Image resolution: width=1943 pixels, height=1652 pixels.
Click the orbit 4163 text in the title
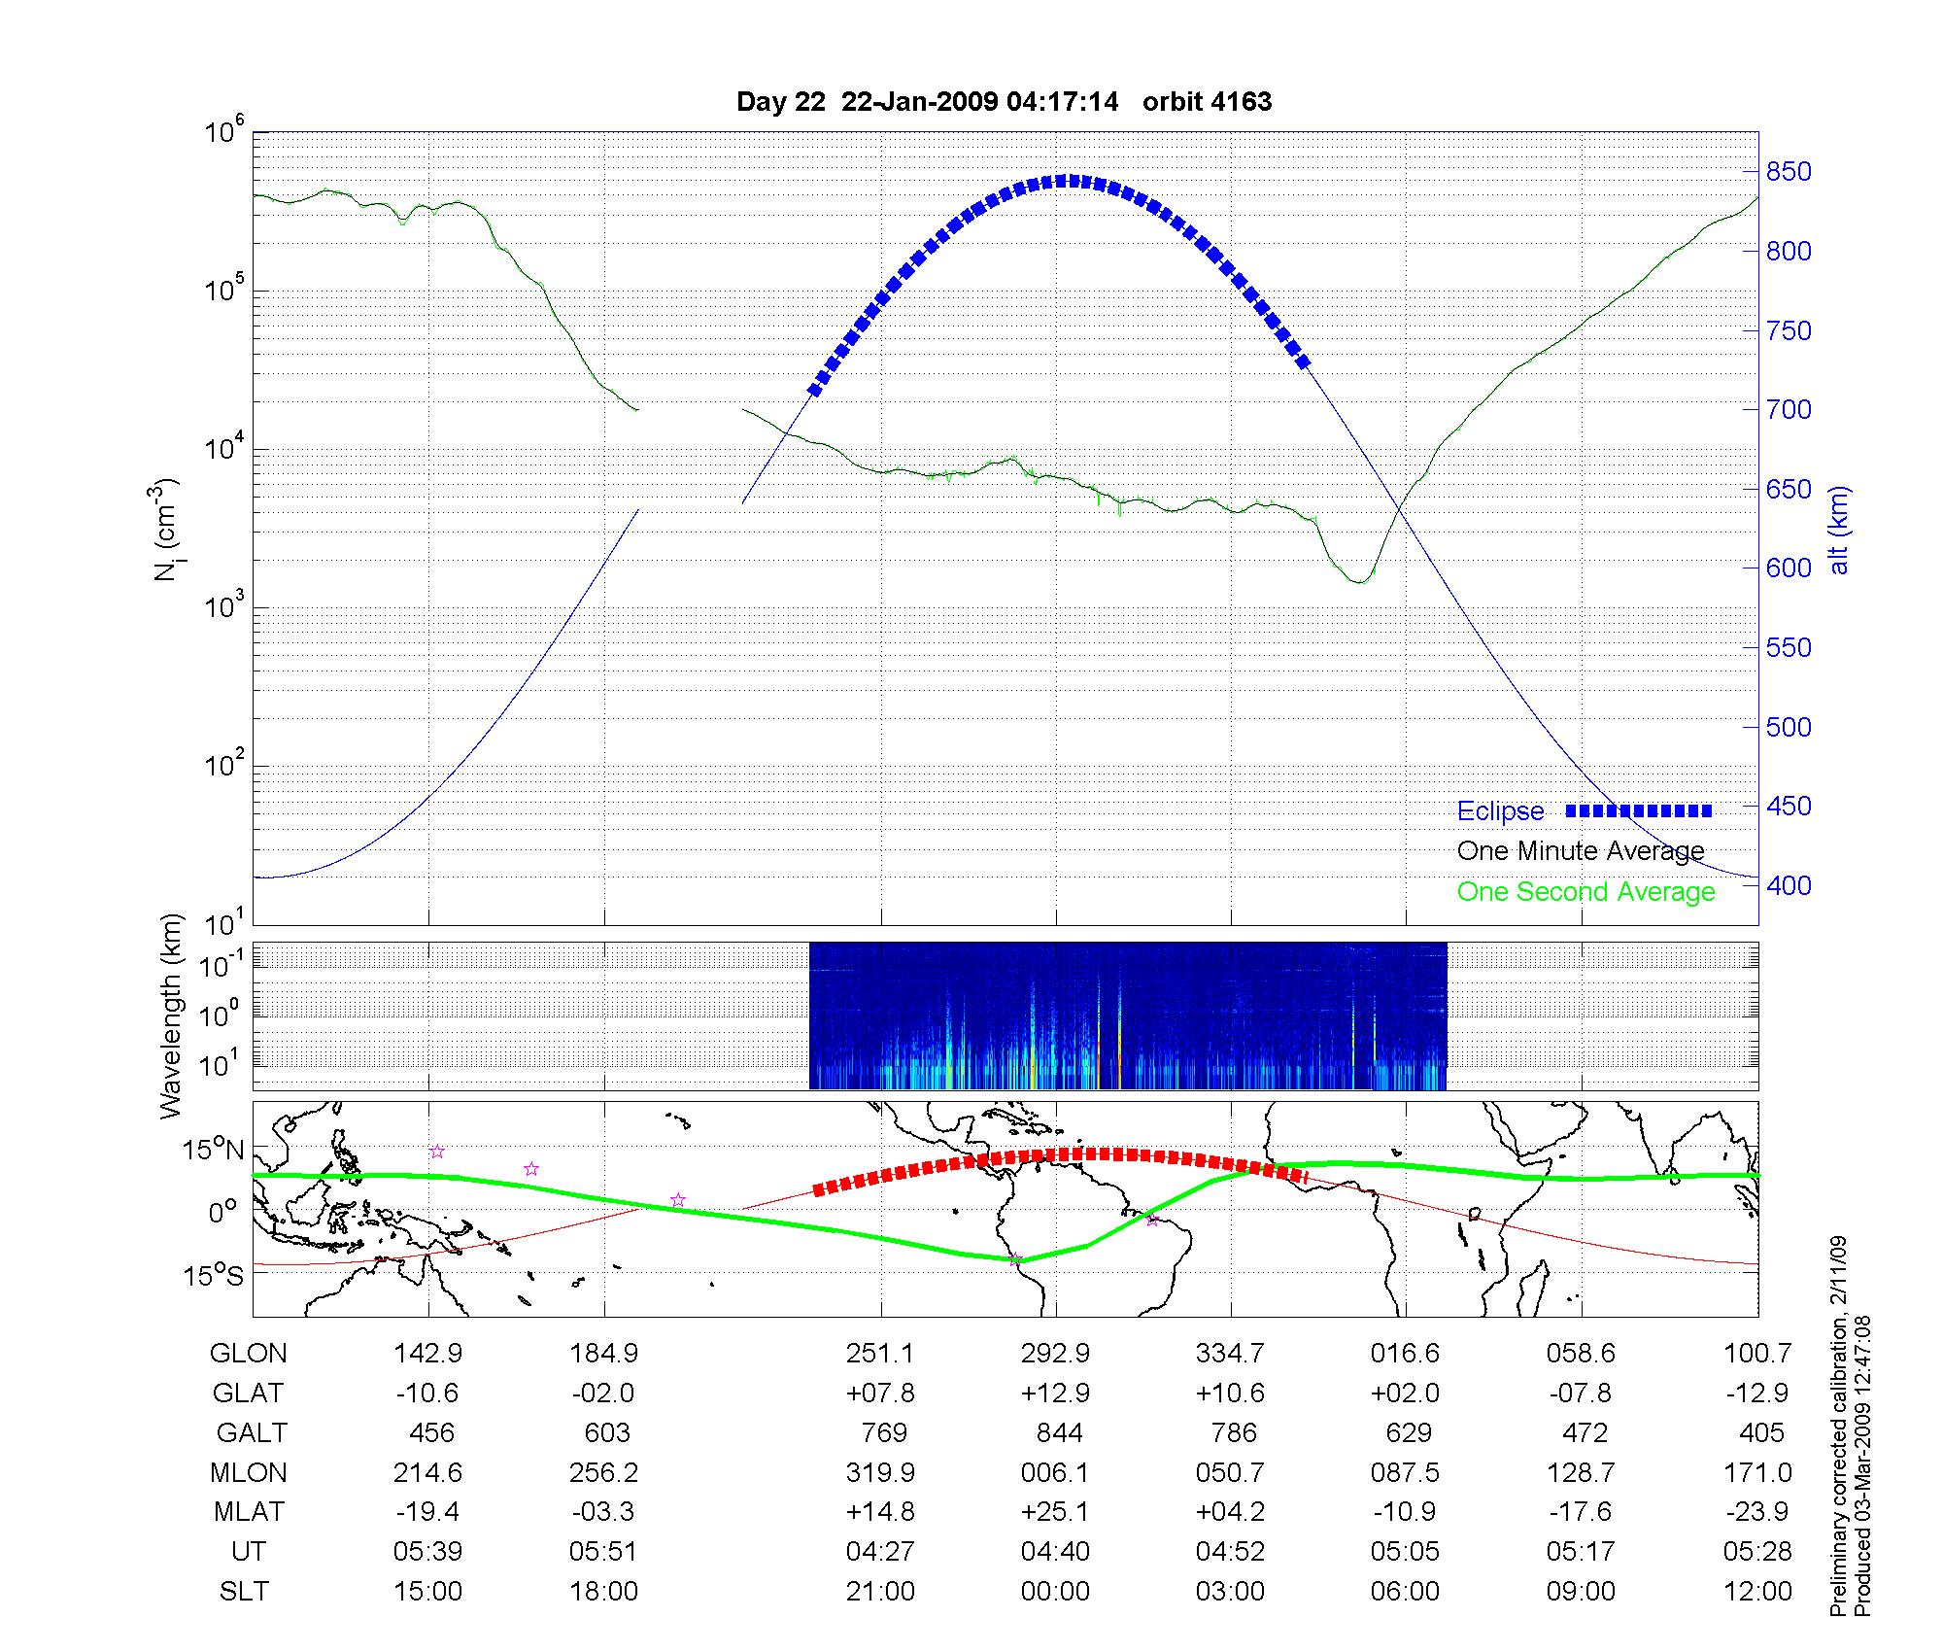coord(1207,102)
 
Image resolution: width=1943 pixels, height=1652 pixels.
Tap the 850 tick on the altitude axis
coord(1788,172)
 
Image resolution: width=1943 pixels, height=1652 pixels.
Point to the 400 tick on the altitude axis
coord(1788,885)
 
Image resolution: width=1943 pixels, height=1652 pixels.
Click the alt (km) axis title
coord(1839,530)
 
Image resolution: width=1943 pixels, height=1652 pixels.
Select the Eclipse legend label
coord(1500,811)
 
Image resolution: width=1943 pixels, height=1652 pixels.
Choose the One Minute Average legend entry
coord(1581,851)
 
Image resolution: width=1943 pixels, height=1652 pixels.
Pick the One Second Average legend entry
coord(1585,892)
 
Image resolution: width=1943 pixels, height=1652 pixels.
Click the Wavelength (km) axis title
coord(172,1015)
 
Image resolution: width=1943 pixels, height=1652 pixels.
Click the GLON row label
coord(248,1353)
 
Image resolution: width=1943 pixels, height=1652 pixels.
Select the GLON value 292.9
coord(1055,1353)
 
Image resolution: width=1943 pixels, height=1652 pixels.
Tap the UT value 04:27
coord(880,1552)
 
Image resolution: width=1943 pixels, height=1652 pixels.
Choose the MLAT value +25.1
coord(1055,1512)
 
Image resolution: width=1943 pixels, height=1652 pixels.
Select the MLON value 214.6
coord(427,1472)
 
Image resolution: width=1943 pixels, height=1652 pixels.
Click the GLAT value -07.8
coord(1581,1393)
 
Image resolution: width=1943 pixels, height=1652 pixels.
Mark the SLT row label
coord(244,1592)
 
